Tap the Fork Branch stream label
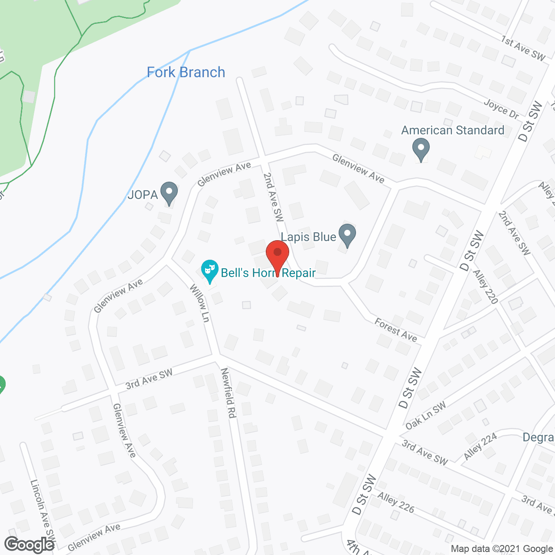(186, 72)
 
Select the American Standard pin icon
(421, 149)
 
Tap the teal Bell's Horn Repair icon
(209, 271)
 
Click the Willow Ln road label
(200, 304)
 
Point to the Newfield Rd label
(228, 393)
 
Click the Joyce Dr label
(501, 109)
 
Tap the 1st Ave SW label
(523, 49)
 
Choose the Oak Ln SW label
(425, 415)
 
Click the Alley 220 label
(485, 287)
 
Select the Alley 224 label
(480, 446)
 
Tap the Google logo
(29, 545)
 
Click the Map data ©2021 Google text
(502, 549)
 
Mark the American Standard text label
(453, 130)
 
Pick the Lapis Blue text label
(308, 237)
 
